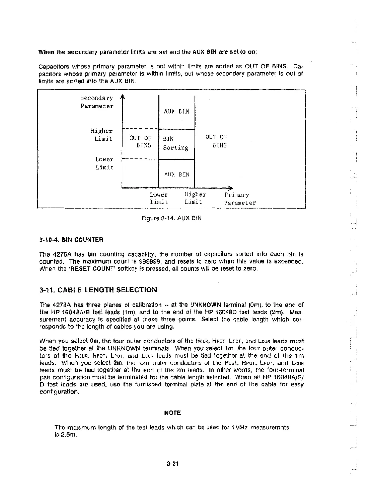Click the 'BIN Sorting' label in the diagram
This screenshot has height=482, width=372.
click(175, 143)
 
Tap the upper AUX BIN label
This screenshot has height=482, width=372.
click(176, 111)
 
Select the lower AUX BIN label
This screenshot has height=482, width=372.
click(177, 174)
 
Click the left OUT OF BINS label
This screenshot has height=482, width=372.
click(140, 141)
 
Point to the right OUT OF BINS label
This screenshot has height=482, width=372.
click(216, 141)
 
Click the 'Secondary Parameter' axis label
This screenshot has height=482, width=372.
click(97, 102)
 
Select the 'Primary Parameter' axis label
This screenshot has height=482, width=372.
click(240, 199)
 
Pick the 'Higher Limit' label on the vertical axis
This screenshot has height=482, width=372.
click(102, 135)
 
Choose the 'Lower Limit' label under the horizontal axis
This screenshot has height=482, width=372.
click(159, 198)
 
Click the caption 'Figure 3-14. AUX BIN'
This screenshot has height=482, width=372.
click(171, 218)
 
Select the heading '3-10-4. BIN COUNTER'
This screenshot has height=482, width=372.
click(71, 239)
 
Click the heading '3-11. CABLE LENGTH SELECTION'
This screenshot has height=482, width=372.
click(98, 290)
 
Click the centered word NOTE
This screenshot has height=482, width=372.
click(172, 413)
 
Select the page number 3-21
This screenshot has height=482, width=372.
click(172, 464)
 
